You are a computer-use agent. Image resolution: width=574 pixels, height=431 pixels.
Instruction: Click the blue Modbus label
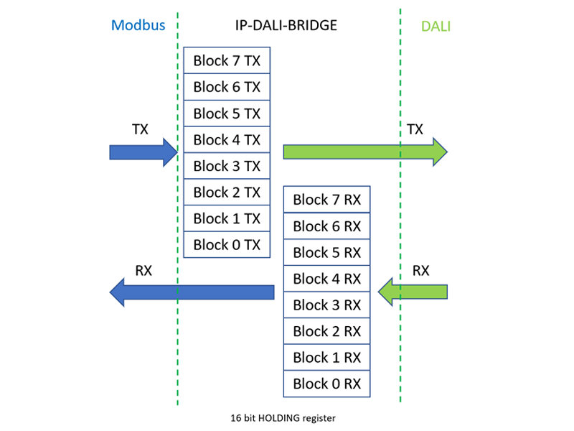point(138,25)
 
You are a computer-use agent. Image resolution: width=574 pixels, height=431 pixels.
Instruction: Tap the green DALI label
point(436,27)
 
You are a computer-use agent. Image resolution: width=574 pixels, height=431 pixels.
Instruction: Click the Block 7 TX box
point(227,60)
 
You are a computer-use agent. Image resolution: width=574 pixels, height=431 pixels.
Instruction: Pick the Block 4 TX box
point(227,139)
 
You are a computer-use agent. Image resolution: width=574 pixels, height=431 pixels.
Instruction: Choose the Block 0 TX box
point(227,244)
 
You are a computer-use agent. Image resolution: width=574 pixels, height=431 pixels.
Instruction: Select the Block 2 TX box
point(227,192)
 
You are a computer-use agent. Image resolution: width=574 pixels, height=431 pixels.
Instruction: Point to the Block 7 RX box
point(326,200)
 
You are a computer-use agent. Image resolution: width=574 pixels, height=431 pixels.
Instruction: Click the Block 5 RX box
point(326,252)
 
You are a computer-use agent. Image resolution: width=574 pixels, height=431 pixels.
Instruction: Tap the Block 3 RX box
point(326,305)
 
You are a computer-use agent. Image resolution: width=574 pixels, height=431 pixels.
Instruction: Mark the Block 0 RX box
point(326,383)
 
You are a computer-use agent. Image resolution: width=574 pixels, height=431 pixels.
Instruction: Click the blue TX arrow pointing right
point(143,152)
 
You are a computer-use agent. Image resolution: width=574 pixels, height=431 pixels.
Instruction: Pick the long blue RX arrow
point(192,292)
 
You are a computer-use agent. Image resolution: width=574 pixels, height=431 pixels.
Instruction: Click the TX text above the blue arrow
point(140,129)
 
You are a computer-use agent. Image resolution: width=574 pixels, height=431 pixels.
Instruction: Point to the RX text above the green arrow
point(420,270)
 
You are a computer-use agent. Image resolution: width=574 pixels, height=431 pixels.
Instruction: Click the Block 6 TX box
point(227,87)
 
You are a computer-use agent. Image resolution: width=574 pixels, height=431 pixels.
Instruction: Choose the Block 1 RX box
point(326,357)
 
